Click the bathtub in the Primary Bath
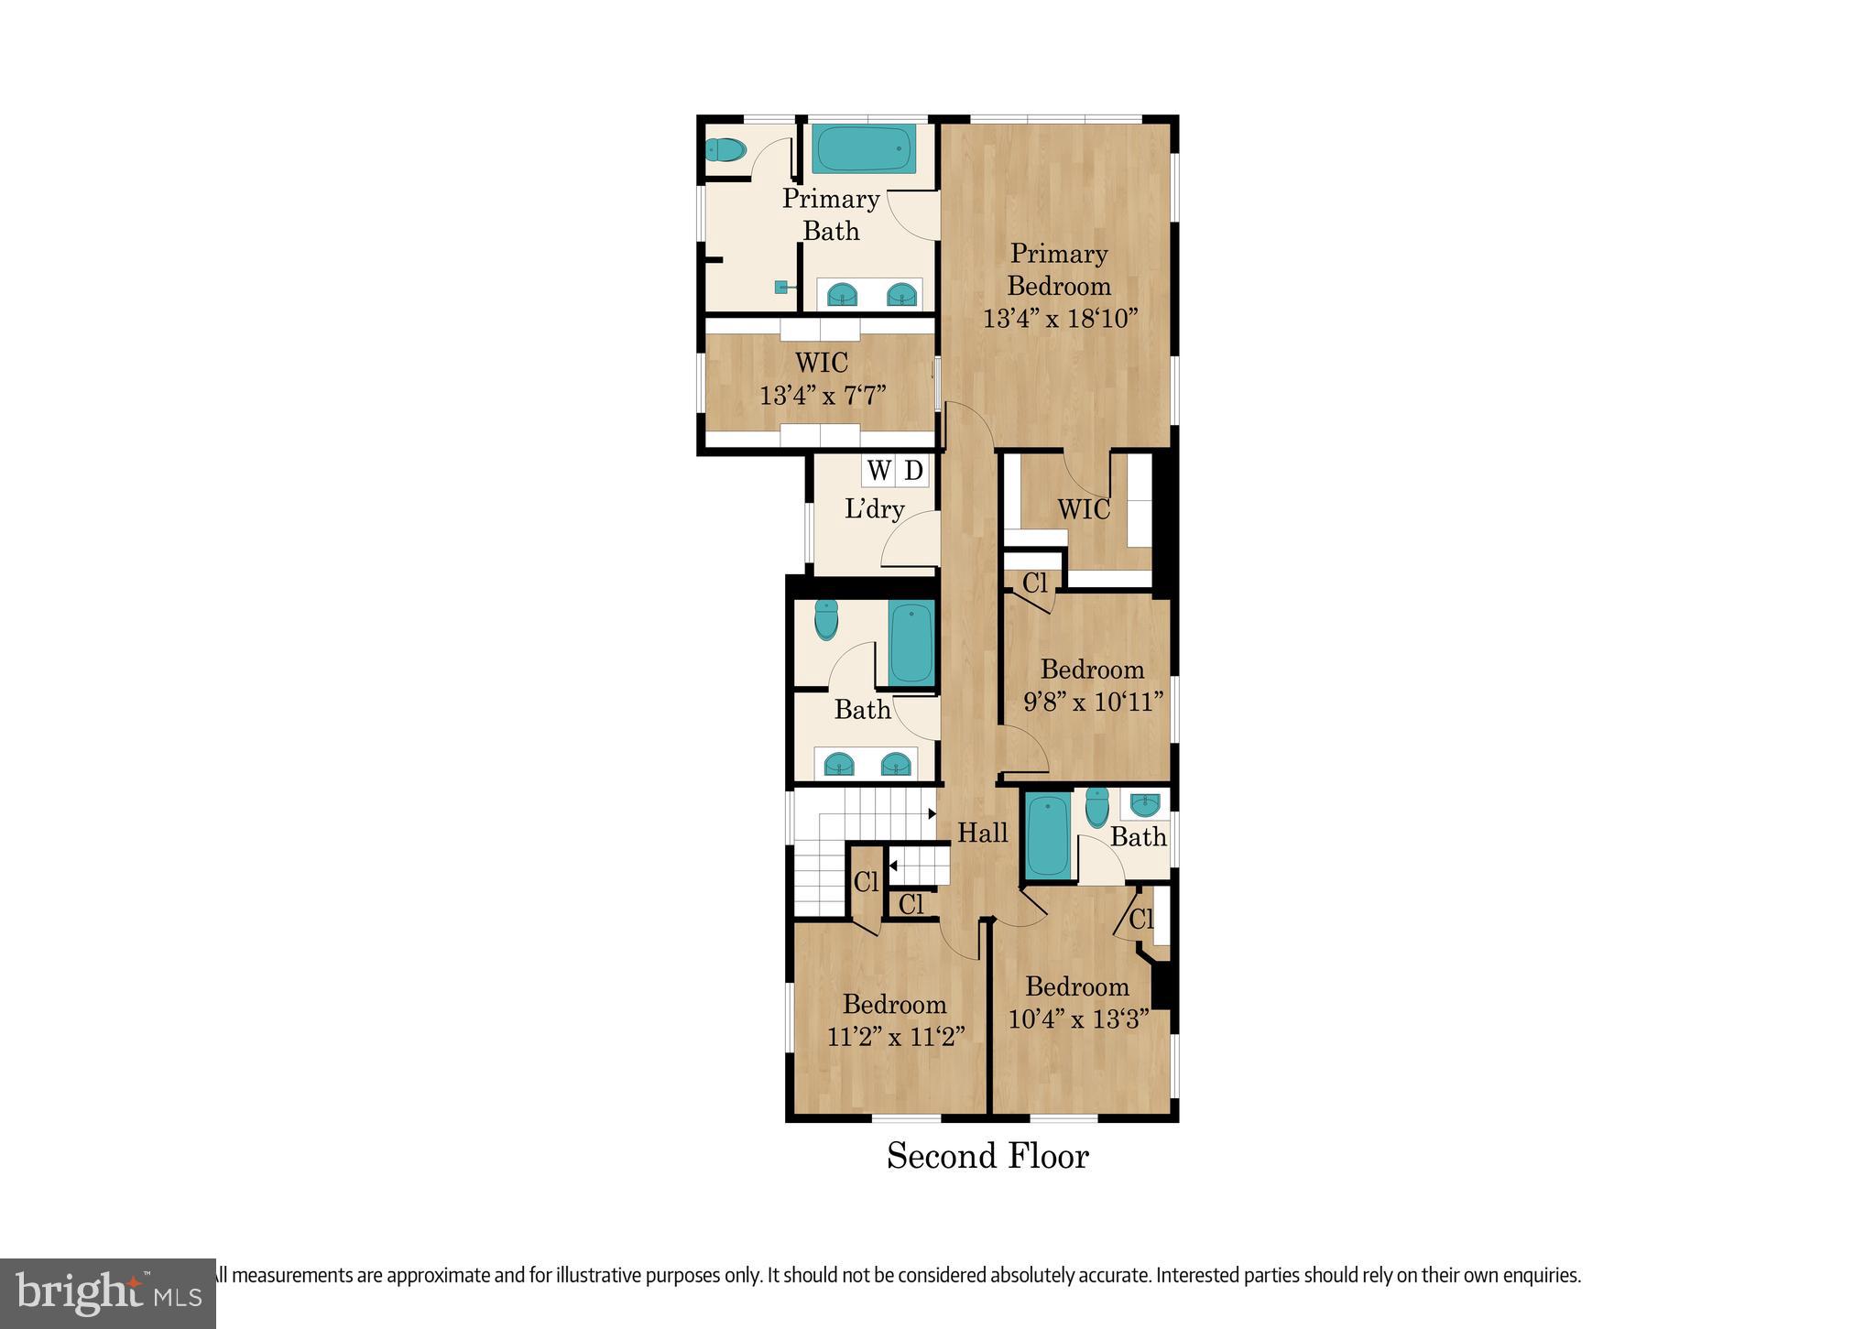[x=863, y=149]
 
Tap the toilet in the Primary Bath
[x=725, y=149]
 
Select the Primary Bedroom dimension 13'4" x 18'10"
[x=1060, y=319]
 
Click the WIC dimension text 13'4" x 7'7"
[x=823, y=396]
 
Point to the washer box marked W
[x=878, y=471]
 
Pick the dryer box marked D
[x=913, y=471]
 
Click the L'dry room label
[x=874, y=509]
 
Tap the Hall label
[x=982, y=833]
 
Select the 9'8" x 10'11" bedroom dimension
[x=1093, y=703]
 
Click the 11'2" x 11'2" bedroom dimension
[x=895, y=1037]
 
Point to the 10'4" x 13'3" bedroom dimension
[x=1077, y=1019]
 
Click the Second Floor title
[x=987, y=1156]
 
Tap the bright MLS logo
[x=108, y=1292]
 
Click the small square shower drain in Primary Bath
[x=782, y=287]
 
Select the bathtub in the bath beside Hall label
[x=1047, y=835]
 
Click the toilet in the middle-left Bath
[x=826, y=620]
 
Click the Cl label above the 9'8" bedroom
[x=1034, y=583]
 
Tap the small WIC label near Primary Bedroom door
[x=1084, y=509]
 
